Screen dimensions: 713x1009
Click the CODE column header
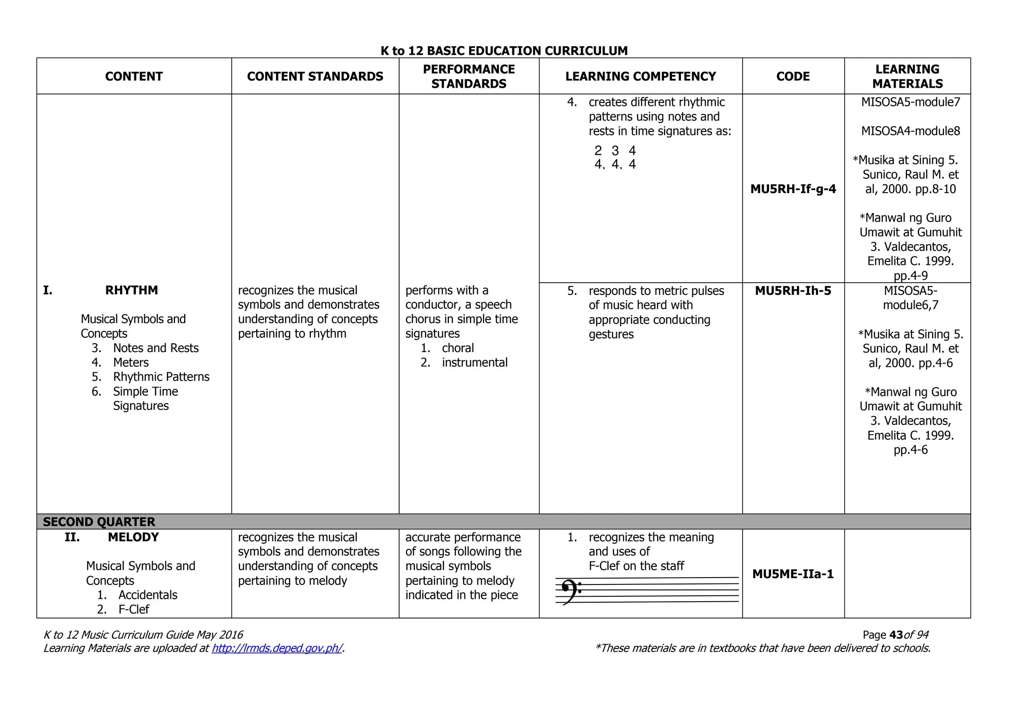[x=793, y=76]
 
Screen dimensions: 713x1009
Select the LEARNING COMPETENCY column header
[x=640, y=76]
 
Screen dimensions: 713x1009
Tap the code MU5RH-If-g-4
[x=793, y=189]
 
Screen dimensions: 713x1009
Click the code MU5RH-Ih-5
[x=793, y=291]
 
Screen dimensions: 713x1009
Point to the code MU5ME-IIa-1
[x=793, y=574]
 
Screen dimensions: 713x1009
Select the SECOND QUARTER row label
[x=99, y=521]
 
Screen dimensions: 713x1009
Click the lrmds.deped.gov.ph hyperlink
[x=277, y=648]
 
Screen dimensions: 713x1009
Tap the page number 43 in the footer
[x=896, y=635]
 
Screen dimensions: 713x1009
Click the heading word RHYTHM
[x=132, y=291]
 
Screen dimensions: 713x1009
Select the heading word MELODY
[x=134, y=537]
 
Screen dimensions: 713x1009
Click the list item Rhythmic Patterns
[x=161, y=377]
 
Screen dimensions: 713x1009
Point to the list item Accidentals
[x=148, y=595]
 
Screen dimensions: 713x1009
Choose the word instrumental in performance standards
[x=474, y=363]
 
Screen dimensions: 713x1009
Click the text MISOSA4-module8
[x=910, y=131]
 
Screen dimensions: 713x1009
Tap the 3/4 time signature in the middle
[x=615, y=158]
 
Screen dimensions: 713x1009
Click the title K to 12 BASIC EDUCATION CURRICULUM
[x=504, y=51]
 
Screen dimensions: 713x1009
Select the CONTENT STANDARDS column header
[x=315, y=76]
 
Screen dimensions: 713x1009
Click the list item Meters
[x=131, y=363]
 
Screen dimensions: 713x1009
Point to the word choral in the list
[x=458, y=348]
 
